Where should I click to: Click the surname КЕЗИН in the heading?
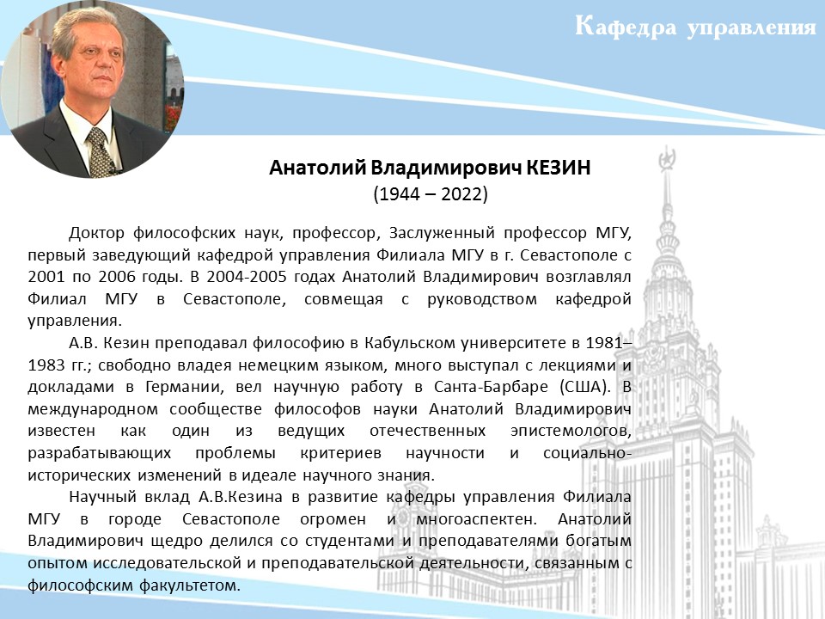pyautogui.click(x=559, y=168)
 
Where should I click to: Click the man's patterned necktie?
pyautogui.click(x=100, y=153)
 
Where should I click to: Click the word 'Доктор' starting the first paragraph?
pyautogui.click(x=97, y=233)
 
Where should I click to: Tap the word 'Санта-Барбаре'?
pyautogui.click(x=491, y=387)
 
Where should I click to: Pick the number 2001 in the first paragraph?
pyautogui.click(x=46, y=277)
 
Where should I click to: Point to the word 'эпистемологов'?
pyautogui.click(x=571, y=431)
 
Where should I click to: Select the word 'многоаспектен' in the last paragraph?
pyautogui.click(x=476, y=519)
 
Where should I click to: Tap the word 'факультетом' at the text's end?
pyautogui.click(x=190, y=585)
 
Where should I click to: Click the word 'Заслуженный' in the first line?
pyautogui.click(x=442, y=233)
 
